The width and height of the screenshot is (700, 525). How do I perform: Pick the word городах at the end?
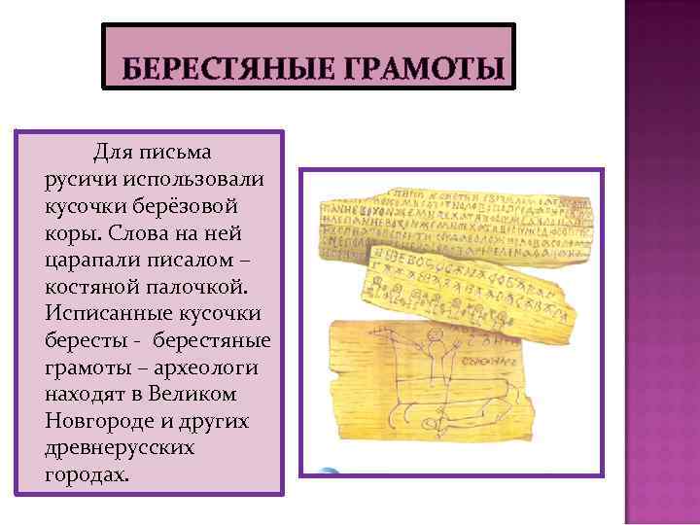[85, 475]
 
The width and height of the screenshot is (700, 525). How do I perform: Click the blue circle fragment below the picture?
[329, 473]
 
